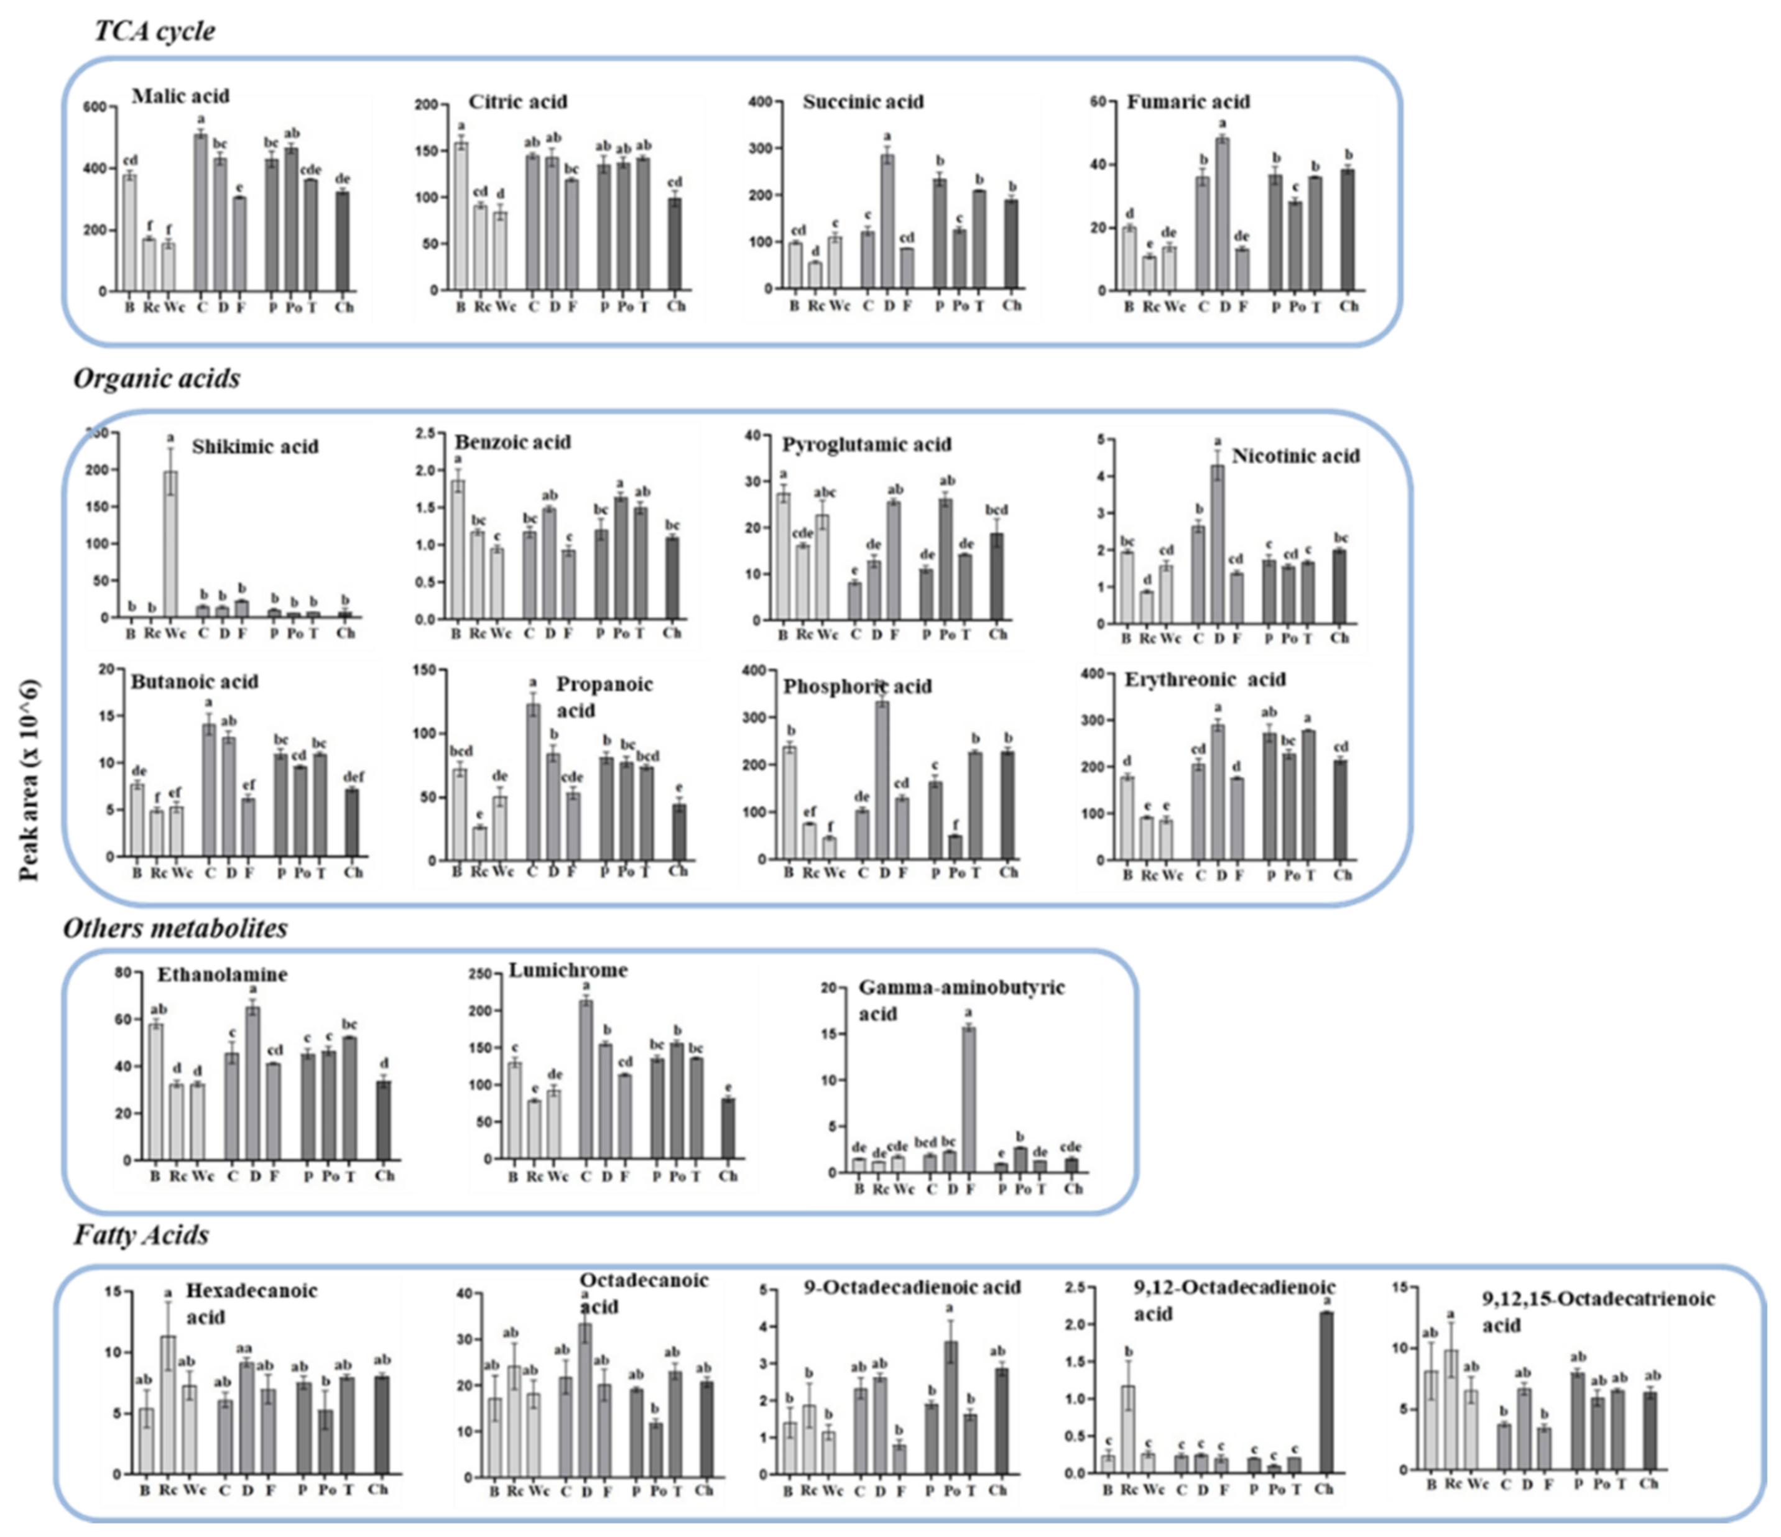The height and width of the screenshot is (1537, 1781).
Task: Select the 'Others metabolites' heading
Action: coord(175,928)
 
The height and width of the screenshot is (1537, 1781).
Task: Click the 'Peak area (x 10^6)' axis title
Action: coord(29,780)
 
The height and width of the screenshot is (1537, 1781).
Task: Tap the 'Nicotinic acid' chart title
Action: coord(1295,456)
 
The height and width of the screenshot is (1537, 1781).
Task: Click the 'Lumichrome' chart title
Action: coord(568,970)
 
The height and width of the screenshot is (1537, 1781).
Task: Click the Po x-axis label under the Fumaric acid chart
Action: coord(1296,307)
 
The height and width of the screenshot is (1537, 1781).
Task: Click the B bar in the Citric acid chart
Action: coord(461,216)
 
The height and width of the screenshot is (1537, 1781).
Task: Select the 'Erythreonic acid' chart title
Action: coord(1205,680)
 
